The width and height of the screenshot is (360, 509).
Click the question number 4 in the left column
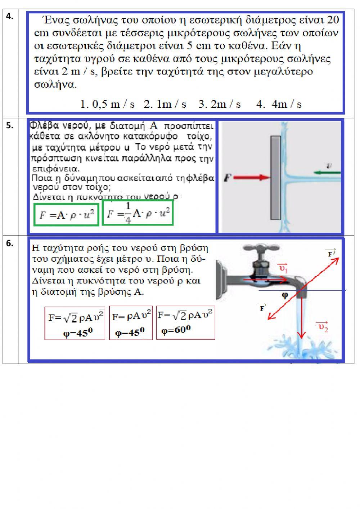click(9, 16)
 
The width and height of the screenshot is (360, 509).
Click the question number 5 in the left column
click(9, 125)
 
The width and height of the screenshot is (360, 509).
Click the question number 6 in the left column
click(9, 244)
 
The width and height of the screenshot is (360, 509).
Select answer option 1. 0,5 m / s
click(107, 104)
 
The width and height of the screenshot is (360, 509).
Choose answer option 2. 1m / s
click(165, 104)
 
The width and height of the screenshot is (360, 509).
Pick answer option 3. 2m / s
click(220, 104)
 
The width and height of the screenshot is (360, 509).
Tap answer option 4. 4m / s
click(279, 104)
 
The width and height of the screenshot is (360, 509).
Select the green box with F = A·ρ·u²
click(66, 215)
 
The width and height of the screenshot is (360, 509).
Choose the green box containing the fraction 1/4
click(138, 213)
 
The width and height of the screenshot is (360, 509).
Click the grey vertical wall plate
click(276, 177)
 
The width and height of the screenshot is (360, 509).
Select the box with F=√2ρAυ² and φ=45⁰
click(75, 323)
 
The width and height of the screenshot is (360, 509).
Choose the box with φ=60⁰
click(185, 322)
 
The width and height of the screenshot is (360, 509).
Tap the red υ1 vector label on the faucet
click(283, 268)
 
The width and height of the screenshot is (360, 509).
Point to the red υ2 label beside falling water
click(323, 327)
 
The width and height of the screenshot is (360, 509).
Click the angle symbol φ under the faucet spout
click(284, 295)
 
